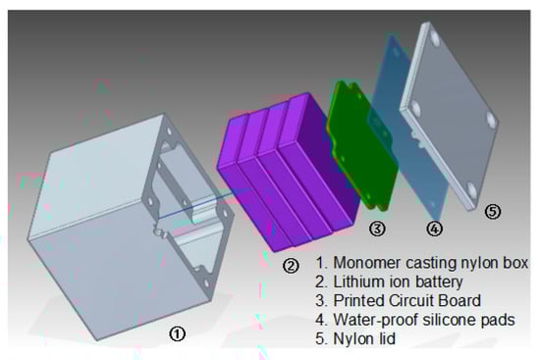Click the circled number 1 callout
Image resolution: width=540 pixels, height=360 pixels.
tap(177, 334)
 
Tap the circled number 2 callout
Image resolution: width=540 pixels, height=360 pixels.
tap(291, 266)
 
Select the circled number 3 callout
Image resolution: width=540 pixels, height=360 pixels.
tap(377, 229)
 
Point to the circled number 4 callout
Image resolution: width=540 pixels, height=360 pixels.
tap(434, 229)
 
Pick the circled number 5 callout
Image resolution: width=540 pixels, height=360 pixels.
tap(493, 211)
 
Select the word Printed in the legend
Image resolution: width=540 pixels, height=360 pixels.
tap(359, 300)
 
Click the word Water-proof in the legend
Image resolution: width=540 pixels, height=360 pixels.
tap(375, 320)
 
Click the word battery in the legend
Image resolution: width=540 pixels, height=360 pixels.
tap(439, 283)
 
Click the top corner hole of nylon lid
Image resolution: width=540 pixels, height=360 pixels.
tap(435, 39)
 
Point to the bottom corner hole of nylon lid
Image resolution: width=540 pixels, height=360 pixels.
tap(471, 189)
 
